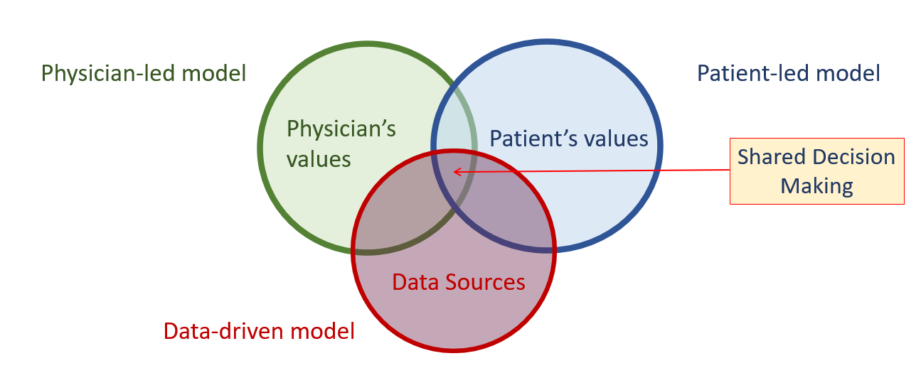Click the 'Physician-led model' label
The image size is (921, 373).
144,74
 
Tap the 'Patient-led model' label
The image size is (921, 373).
789,73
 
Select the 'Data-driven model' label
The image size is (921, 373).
259,331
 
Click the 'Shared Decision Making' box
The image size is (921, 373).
817,171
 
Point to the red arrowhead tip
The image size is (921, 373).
454,172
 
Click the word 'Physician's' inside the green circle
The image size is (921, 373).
341,130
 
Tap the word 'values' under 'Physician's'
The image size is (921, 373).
319,160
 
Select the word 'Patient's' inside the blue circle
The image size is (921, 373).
533,139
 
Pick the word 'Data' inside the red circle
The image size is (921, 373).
415,282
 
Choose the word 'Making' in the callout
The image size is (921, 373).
817,187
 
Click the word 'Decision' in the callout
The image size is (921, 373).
847,157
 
